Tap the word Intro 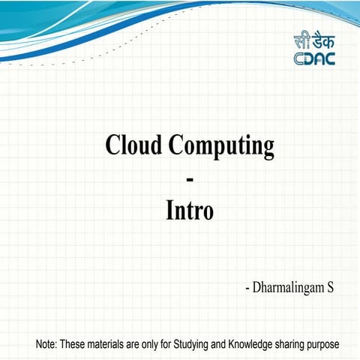pyautogui.click(x=189, y=211)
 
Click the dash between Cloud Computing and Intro pyautogui.click(x=189, y=179)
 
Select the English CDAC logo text pyautogui.click(x=313, y=58)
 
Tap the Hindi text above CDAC pyautogui.click(x=313, y=41)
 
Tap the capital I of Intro pyautogui.click(x=169, y=211)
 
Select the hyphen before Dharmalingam pyautogui.click(x=247, y=288)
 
